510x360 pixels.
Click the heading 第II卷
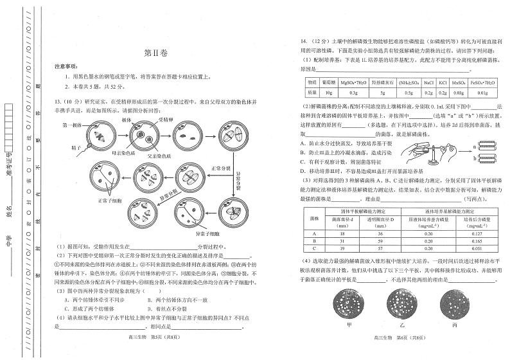pyautogui.click(x=154, y=54)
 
